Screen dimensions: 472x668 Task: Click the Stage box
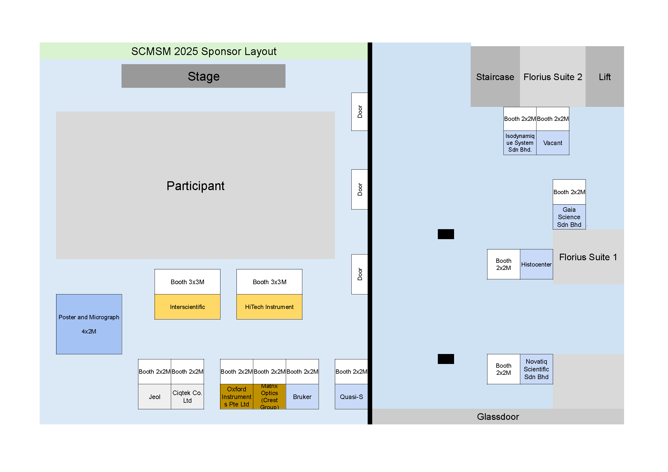tap(203, 76)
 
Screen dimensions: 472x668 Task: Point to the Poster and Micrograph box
tap(89, 324)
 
